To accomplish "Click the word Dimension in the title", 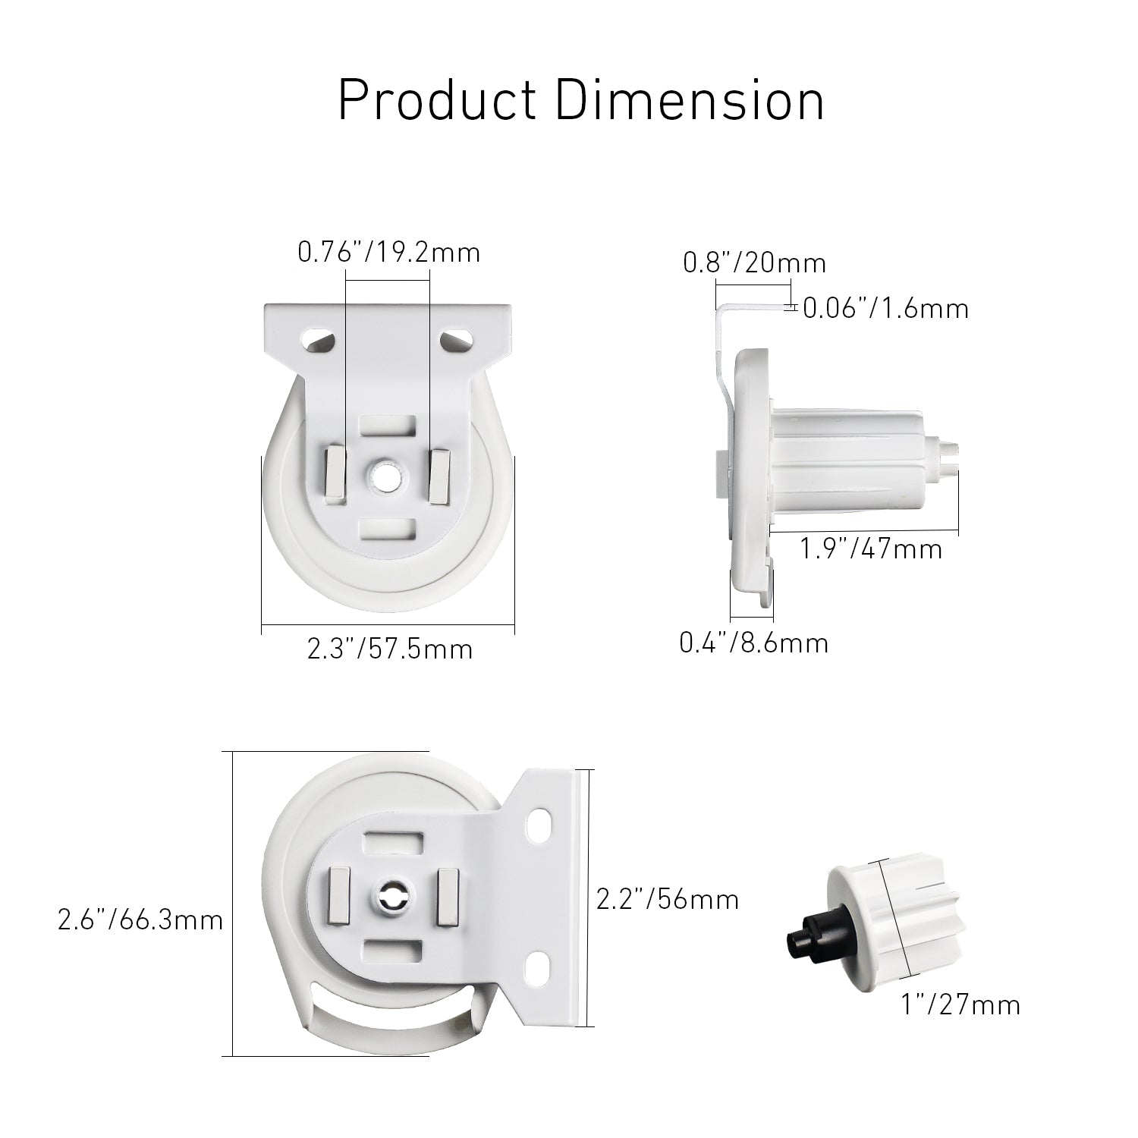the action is tap(690, 99).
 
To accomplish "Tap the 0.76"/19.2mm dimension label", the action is tap(389, 252).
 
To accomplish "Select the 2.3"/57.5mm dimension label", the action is tap(390, 649).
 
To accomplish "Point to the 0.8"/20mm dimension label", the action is tap(755, 262).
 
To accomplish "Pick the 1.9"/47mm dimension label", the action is tap(872, 548).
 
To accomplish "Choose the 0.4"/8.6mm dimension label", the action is tap(754, 643).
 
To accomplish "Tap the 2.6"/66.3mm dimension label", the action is tap(140, 920).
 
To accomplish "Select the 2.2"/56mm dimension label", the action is tap(668, 899).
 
